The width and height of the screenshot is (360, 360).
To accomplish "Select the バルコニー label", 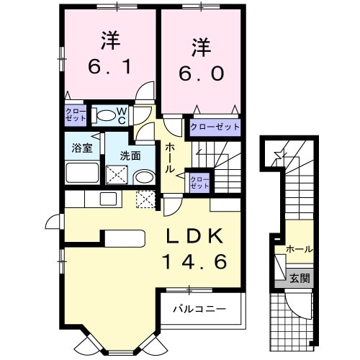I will point(199,309).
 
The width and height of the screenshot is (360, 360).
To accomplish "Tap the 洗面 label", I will point(130,154).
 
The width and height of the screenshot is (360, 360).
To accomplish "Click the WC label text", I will point(122,115).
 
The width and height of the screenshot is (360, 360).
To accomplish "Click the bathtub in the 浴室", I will point(82,174).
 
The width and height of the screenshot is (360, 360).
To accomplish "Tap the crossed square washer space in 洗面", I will point(116,175).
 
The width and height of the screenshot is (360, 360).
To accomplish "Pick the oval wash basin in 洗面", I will point(144,176).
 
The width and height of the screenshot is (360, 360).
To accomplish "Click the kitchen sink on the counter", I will point(108,198).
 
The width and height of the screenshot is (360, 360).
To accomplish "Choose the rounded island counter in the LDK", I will point(123,238).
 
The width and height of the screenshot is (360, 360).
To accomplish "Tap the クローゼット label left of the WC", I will point(75,115).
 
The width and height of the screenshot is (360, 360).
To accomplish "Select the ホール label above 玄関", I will point(299,249).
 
